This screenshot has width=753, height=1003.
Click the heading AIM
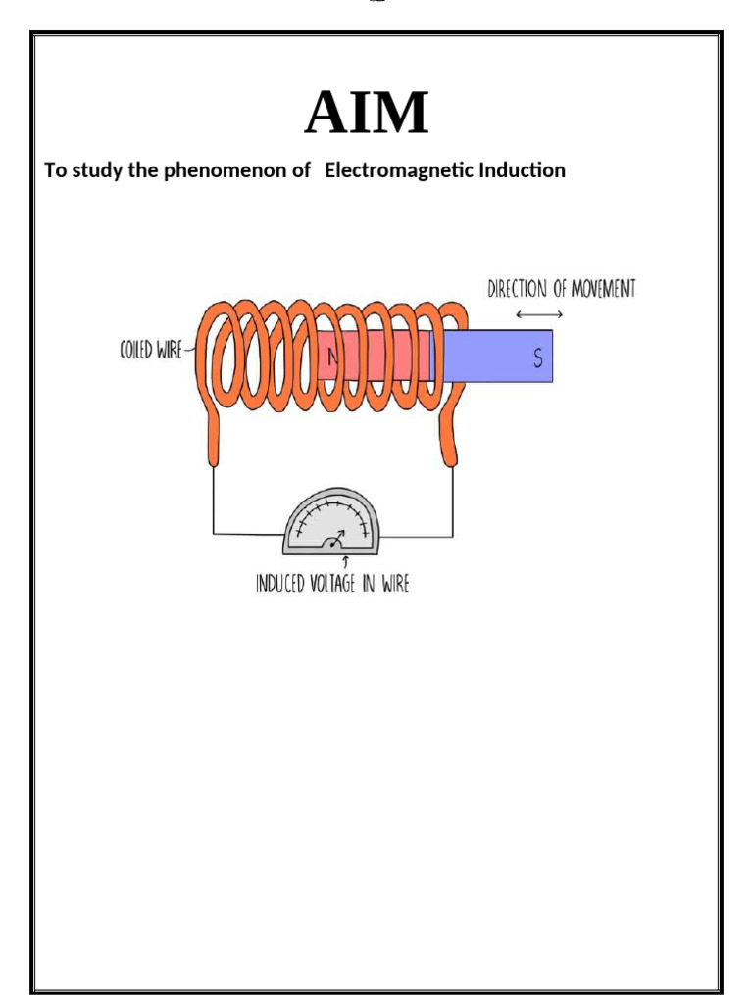[x=367, y=115]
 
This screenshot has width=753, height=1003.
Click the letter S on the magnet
[x=537, y=358]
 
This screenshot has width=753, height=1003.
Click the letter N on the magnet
[x=332, y=358]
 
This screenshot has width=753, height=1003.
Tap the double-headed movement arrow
[x=538, y=314]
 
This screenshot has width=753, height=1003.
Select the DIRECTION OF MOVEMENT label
[x=562, y=289]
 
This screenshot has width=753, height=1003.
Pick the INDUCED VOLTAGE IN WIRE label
[x=332, y=585]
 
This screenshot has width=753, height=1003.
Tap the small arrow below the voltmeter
[x=345, y=562]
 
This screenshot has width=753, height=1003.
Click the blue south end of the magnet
[x=500, y=356]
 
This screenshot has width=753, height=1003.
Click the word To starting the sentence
[x=55, y=170]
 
